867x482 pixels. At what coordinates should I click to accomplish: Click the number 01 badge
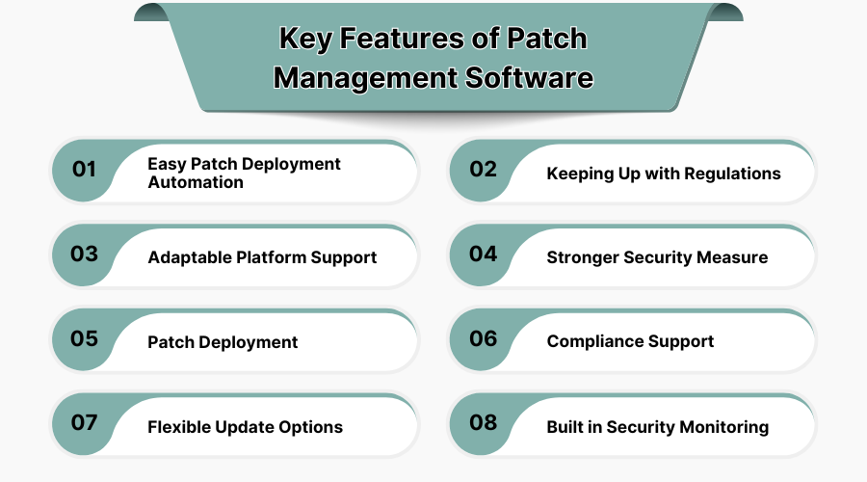pyautogui.click(x=85, y=170)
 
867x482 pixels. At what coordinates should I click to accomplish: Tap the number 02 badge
pyautogui.click(x=484, y=170)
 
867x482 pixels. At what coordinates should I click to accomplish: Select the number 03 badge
pyautogui.click(x=85, y=254)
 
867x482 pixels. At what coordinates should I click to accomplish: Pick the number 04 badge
pyautogui.click(x=484, y=254)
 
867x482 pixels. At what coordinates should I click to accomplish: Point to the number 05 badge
pyautogui.click(x=85, y=339)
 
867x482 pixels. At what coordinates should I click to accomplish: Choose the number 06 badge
pyautogui.click(x=484, y=339)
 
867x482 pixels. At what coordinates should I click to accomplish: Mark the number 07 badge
pyautogui.click(x=85, y=424)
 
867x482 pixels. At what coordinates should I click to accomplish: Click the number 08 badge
pyautogui.click(x=484, y=424)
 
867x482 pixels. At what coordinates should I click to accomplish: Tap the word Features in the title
pyautogui.click(x=398, y=39)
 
